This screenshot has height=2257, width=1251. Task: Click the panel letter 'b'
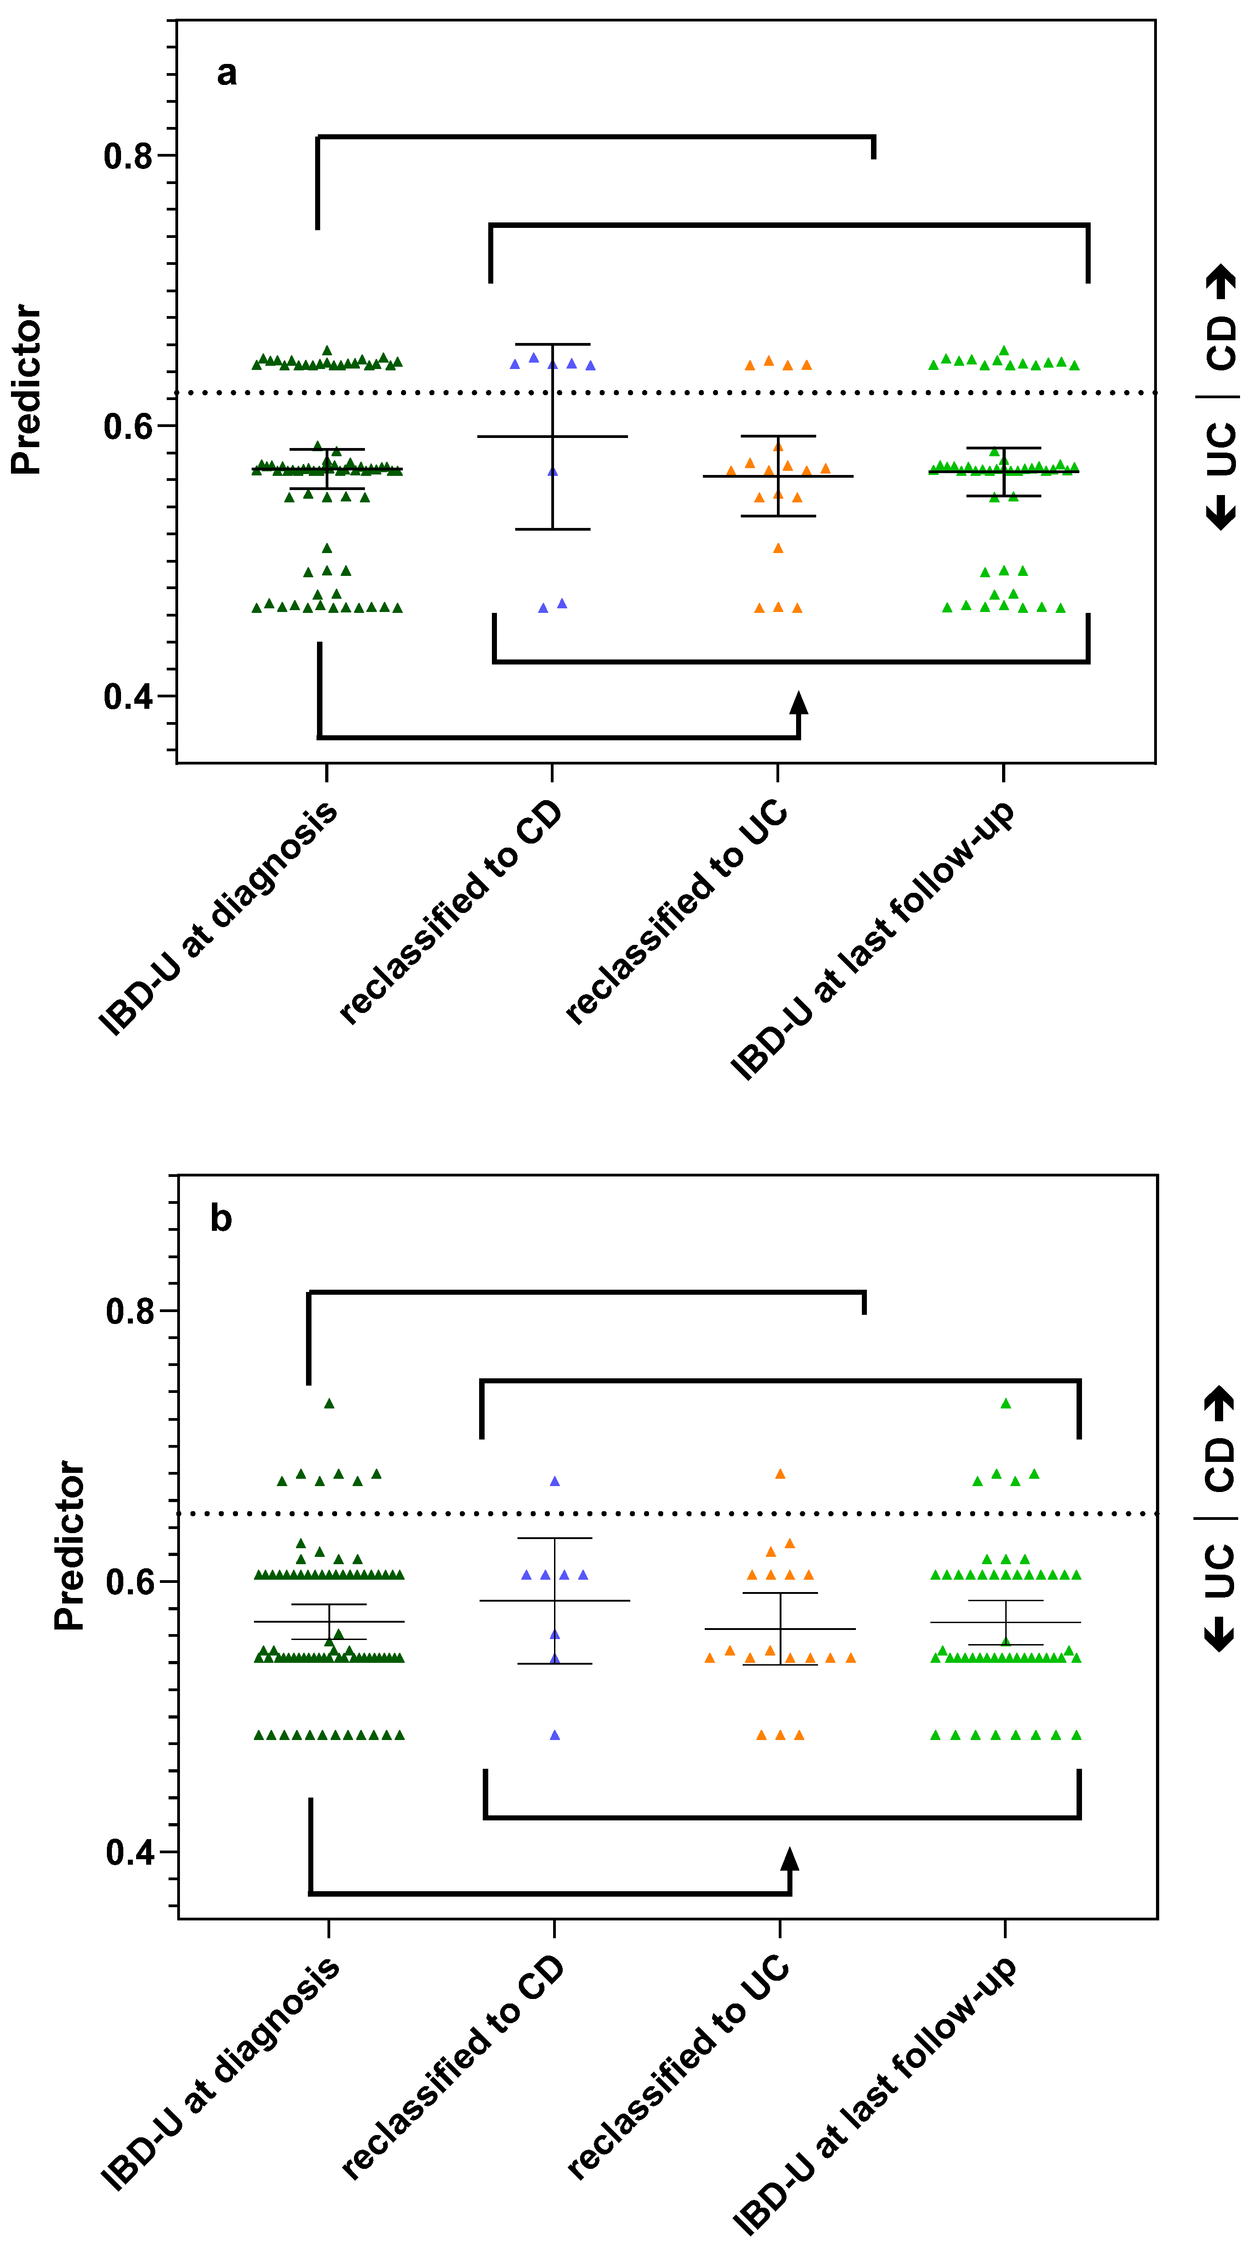point(221,1219)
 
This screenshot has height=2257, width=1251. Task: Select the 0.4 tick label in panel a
point(128,697)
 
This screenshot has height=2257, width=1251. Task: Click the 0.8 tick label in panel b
point(130,1312)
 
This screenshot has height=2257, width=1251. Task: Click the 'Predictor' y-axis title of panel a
point(26,390)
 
